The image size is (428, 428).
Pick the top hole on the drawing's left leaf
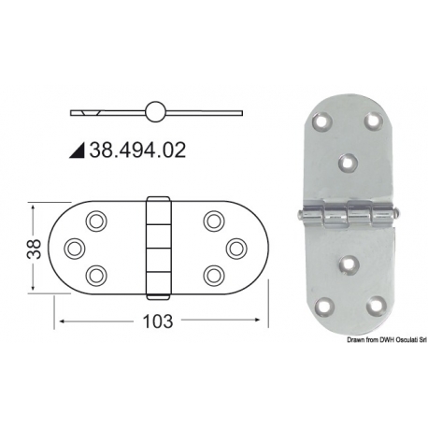[96, 221]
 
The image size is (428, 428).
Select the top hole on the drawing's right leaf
[213, 221]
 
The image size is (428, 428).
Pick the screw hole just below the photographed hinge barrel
[350, 264]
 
